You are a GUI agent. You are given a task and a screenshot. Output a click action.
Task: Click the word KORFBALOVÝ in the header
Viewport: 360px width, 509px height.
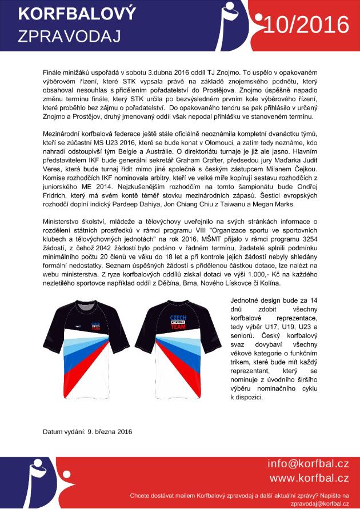coord(69,14)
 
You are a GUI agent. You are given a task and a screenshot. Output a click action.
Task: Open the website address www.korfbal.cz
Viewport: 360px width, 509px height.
coord(309,478)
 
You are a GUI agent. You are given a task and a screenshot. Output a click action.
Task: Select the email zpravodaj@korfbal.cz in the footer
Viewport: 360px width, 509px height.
coord(319,503)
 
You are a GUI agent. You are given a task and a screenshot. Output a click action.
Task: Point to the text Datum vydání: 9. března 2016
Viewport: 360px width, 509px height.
coord(87,431)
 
